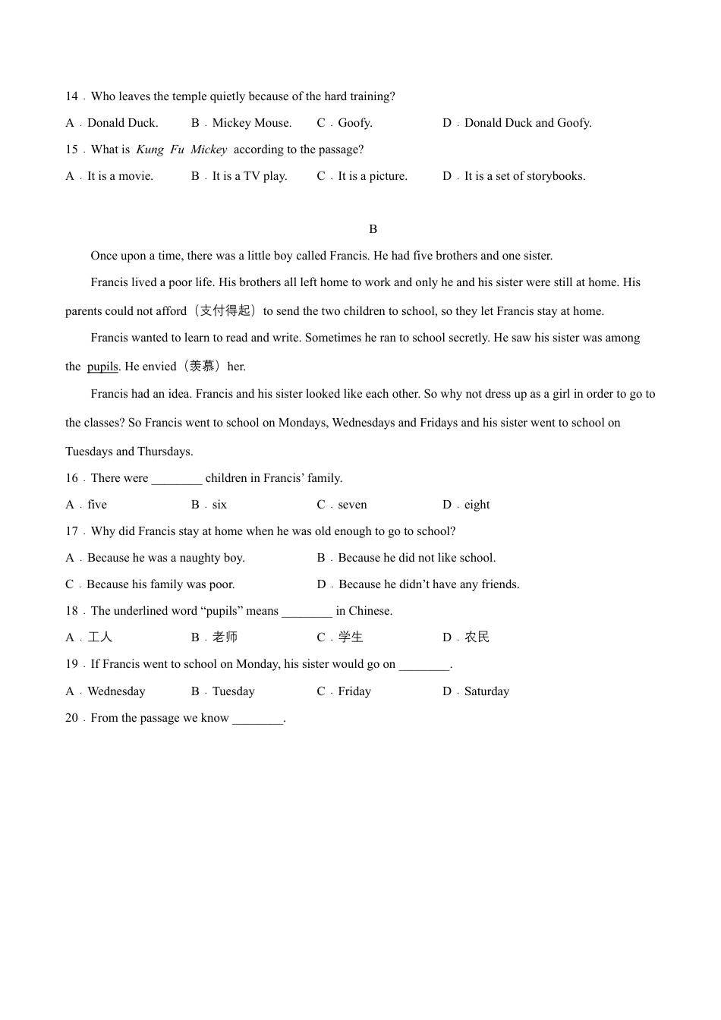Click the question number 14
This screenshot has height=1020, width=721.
(x=71, y=96)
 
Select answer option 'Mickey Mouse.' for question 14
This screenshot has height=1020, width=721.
(x=251, y=123)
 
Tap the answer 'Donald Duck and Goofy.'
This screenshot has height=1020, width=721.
(x=527, y=123)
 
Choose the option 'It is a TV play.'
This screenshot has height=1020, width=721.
(x=249, y=176)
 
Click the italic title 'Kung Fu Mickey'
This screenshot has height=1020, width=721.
(x=181, y=150)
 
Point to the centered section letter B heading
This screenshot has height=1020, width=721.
(x=373, y=229)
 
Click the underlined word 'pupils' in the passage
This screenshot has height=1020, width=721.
(x=102, y=367)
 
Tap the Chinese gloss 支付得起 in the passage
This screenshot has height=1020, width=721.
(x=225, y=311)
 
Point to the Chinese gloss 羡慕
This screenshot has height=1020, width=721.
(x=202, y=367)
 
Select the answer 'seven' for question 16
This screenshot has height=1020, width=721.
(x=352, y=505)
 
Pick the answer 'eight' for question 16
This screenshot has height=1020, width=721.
(x=477, y=505)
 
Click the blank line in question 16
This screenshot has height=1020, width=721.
(x=177, y=479)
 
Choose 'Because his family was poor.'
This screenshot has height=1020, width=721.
(x=160, y=584)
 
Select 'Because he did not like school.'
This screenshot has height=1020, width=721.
(x=417, y=558)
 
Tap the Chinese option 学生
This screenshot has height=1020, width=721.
(x=351, y=637)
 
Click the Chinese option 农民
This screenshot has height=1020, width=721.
(x=477, y=637)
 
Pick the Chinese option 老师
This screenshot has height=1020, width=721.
(x=225, y=637)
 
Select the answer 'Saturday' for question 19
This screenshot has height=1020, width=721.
(x=486, y=691)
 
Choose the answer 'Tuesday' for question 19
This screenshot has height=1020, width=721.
(x=233, y=691)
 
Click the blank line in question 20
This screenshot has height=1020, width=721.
(x=257, y=719)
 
